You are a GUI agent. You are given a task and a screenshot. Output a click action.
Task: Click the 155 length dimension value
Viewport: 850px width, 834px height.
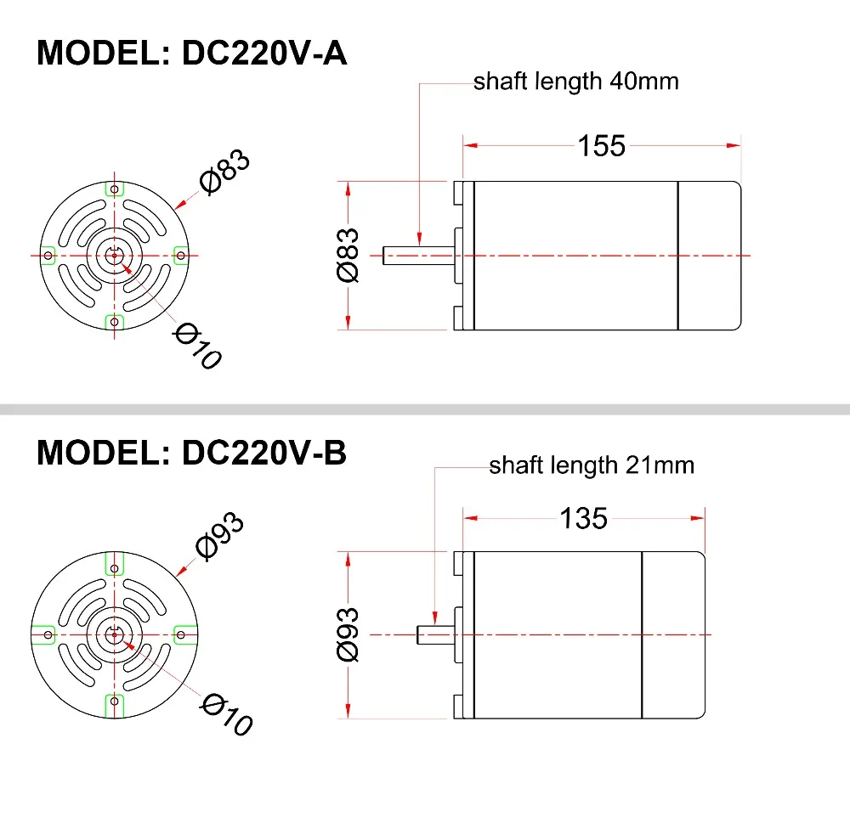[602, 146]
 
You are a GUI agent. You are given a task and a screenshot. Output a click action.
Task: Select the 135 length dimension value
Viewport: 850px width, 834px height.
[583, 518]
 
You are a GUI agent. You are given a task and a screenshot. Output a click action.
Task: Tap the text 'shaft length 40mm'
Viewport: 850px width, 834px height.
[575, 82]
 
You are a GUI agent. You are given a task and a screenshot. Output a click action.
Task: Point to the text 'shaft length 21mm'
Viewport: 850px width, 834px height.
[592, 465]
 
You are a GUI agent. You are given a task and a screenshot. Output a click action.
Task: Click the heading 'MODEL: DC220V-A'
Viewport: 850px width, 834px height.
[191, 53]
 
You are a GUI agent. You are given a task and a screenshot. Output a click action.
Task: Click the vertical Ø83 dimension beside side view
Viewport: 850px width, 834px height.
[348, 255]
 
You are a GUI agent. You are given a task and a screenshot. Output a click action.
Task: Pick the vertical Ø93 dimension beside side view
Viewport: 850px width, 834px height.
[348, 634]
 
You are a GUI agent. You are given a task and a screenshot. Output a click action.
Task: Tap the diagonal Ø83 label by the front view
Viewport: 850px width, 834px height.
[224, 172]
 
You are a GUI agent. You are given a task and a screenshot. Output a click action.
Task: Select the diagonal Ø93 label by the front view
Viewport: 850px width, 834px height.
[220, 536]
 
